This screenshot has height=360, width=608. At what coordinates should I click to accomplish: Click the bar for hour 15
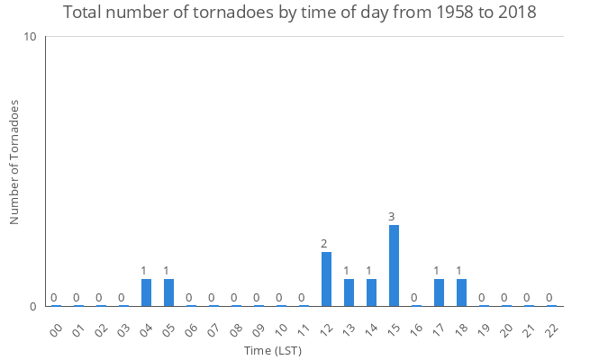[394, 265]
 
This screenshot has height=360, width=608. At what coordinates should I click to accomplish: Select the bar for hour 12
[326, 279]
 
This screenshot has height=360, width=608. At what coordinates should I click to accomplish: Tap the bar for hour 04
[146, 292]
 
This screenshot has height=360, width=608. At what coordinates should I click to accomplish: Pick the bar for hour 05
[168, 292]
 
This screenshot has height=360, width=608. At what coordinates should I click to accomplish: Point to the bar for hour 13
[349, 292]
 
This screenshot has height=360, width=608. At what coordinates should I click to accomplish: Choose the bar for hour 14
[371, 292]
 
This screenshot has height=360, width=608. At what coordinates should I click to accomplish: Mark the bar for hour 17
[439, 292]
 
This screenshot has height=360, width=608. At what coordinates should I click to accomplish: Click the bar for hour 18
[461, 292]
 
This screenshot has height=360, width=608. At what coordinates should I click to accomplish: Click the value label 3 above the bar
[392, 217]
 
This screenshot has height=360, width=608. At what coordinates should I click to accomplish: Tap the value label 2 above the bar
[324, 244]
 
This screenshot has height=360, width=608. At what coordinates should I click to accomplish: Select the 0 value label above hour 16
[414, 298]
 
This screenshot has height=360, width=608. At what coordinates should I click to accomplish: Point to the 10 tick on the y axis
[31, 37]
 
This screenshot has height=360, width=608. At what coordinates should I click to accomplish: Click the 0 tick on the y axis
[33, 306]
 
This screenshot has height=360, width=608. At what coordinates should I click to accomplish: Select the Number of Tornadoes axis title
[14, 163]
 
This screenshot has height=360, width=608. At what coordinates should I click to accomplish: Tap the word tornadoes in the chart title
[204, 13]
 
